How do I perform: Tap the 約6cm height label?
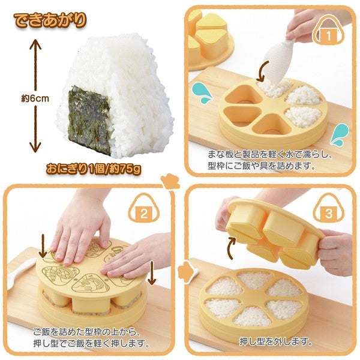[35, 99]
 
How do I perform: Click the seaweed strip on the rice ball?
[90, 120]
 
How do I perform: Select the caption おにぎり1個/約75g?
[94, 169]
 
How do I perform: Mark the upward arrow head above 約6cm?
[35, 44]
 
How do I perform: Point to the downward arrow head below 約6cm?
[35, 147]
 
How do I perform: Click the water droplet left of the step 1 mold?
[203, 92]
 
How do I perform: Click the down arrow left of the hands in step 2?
[43, 245]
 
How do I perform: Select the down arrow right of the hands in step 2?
[152, 272]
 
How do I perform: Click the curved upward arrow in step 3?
[232, 248]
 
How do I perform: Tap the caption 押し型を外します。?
[276, 342]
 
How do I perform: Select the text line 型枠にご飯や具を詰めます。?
[261, 166]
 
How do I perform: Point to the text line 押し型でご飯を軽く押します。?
[91, 343]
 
